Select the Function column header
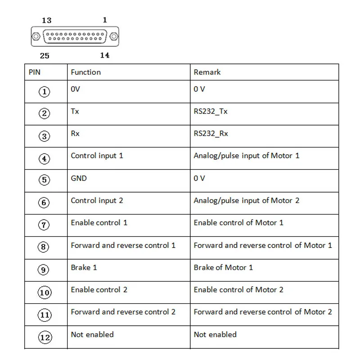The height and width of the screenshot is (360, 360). point(85,72)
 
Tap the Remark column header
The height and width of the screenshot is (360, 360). point(207,72)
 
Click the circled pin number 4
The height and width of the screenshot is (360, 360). point(45,159)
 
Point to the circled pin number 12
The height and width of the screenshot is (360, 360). point(45,337)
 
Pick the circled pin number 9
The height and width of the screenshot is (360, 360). point(45,270)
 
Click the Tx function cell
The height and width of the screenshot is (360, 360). point(75,111)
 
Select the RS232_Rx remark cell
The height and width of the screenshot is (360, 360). point(211,134)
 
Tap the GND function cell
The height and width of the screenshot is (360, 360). point(79,178)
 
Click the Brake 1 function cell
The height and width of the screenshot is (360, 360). point(84,267)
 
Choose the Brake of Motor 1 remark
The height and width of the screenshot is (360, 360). point(223,267)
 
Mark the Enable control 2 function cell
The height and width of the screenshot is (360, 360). point(99,290)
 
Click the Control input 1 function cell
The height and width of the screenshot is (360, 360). point(97,156)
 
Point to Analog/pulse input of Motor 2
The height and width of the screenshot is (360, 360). point(246,200)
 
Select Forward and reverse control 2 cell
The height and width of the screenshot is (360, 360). point(123,312)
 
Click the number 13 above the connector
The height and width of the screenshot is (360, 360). point(46,20)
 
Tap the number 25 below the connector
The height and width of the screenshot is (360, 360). point(45,56)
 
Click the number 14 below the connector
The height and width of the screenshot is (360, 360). point(104,55)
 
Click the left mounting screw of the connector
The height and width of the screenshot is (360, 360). point(36,36)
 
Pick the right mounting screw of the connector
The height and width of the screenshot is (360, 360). point(114,36)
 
